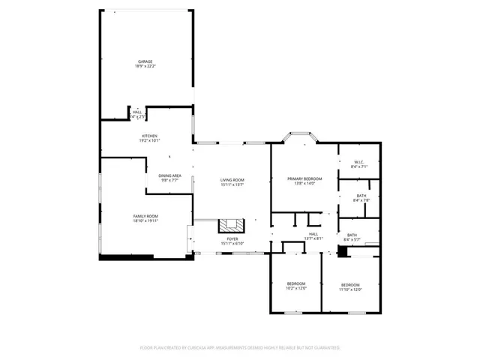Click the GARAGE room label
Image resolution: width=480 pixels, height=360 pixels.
pos(145,61)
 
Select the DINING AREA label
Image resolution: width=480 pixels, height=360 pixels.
pos(169,175)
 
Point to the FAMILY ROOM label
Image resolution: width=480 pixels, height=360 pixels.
pos(145,216)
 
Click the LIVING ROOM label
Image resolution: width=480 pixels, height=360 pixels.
pos(232,179)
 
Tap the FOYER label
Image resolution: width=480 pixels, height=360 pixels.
pos(232,238)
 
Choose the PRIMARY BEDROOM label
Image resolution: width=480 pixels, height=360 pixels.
pos(304,178)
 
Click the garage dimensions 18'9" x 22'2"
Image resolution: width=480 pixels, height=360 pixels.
pos(145,66)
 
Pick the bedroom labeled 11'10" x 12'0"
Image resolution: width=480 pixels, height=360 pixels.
pos(351,286)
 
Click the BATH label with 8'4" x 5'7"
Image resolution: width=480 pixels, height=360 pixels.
pos(352,235)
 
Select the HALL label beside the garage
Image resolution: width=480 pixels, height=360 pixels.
pos(137,112)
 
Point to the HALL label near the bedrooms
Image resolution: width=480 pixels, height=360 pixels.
pos(313,235)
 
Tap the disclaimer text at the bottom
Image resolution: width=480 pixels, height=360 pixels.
pos(240,348)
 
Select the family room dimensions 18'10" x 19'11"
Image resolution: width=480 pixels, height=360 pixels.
pos(145,220)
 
